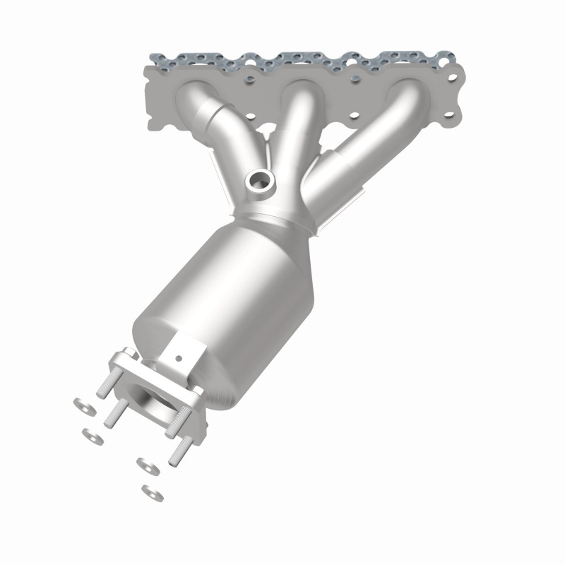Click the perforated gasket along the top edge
(x=304, y=59)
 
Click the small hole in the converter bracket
(x=179, y=359)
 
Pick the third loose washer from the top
(x=147, y=465)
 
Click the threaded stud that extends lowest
(x=176, y=450)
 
